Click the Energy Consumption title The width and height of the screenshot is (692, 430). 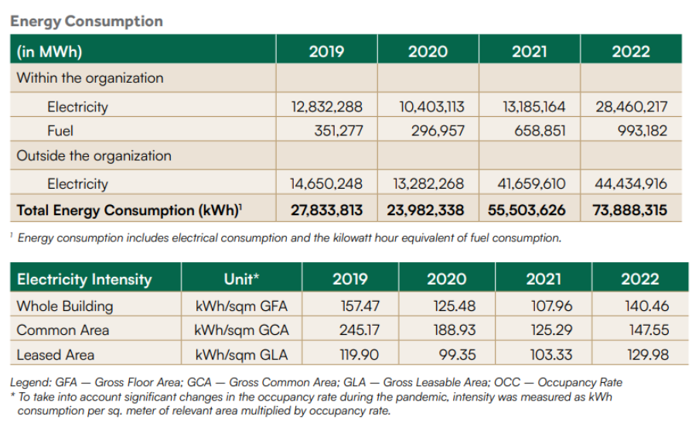pos(87,21)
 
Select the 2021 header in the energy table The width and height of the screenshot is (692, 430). pos(529,52)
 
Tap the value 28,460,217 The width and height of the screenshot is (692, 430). pos(631,107)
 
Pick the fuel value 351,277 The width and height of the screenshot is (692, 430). pos(339,131)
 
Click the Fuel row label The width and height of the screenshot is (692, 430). pos(60,131)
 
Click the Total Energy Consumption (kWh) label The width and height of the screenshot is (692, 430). pos(129,210)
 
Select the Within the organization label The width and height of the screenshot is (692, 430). pos(90,78)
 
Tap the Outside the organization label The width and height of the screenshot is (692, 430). pos(94,155)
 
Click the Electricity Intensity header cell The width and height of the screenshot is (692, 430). pos(84,279)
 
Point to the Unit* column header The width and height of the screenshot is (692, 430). pos(241,279)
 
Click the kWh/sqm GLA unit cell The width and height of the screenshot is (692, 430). pos(241,355)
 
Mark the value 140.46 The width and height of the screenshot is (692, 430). pos(646,305)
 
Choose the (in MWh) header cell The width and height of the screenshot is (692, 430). pos(49,52)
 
